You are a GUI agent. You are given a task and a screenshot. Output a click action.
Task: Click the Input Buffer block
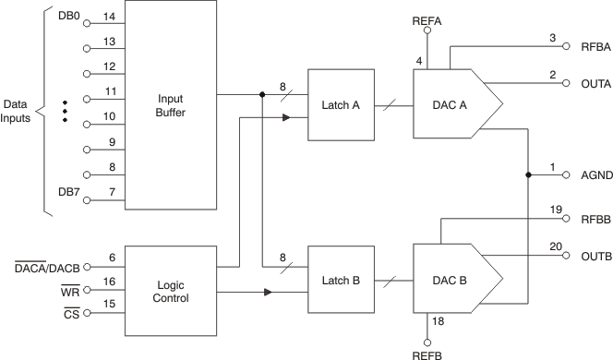[x=170, y=106]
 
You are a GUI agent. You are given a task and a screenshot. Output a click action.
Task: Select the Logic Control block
[x=170, y=291]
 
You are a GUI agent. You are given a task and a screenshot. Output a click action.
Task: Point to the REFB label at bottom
[x=427, y=352]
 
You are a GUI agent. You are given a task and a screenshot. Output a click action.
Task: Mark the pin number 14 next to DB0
[x=108, y=17]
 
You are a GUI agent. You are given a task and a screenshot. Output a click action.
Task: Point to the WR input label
[x=70, y=292]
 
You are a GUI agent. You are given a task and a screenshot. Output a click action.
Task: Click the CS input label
[x=71, y=314]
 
